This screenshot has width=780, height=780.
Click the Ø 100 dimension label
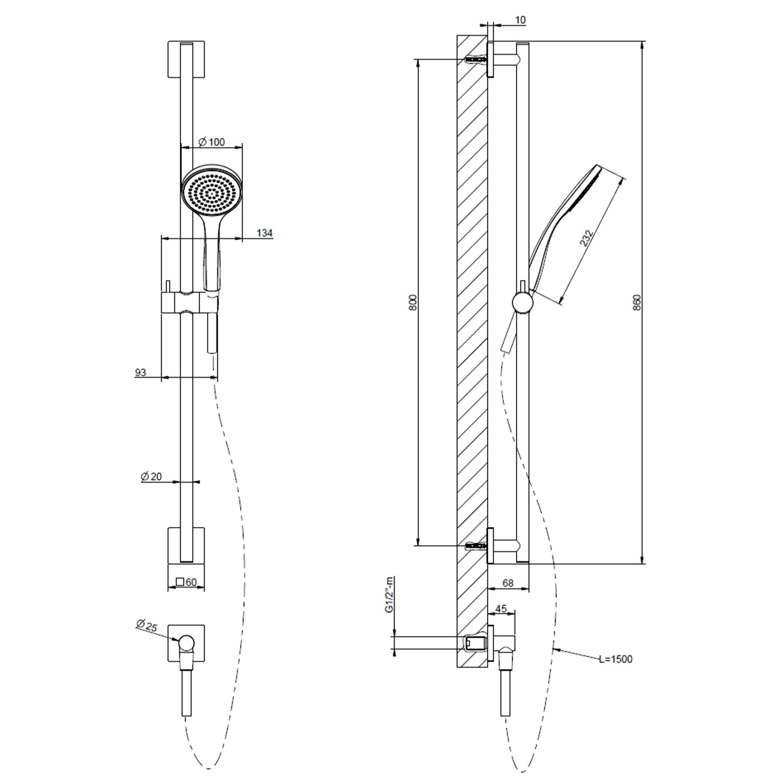click(212, 142)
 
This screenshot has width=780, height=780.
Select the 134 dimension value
click(264, 233)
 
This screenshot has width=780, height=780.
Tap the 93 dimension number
click(140, 372)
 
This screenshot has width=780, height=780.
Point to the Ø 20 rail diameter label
click(151, 477)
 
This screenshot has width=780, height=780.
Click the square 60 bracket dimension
click(186, 582)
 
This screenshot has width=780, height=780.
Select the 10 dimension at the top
click(520, 20)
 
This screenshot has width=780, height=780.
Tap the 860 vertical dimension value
click(637, 302)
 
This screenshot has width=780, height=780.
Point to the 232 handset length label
click(586, 238)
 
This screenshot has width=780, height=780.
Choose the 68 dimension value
click(508, 583)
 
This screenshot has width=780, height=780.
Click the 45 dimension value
click(501, 609)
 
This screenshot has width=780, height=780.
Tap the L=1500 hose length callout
click(616, 659)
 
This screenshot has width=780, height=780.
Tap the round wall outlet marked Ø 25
click(186, 642)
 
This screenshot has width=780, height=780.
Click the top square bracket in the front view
click(186, 59)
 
